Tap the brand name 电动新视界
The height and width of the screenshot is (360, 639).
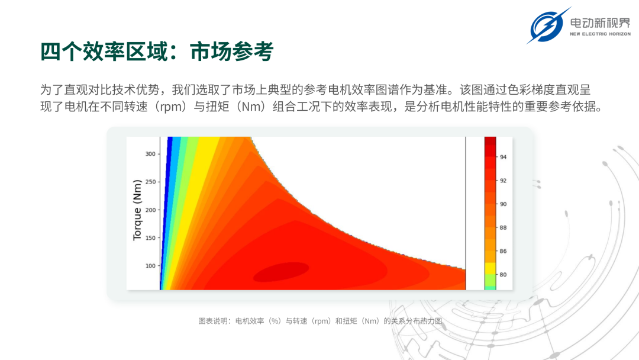pos(600,23)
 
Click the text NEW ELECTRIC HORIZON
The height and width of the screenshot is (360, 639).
pos(601,34)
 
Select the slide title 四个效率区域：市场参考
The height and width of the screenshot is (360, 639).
pos(157,52)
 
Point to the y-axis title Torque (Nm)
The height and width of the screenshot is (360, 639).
pos(137,210)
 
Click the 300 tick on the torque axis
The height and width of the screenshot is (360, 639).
pos(150,154)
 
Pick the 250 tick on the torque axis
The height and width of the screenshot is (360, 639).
pos(150,182)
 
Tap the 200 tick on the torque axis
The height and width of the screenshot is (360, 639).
pos(150,210)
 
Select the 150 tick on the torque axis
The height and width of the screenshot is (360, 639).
pos(150,237)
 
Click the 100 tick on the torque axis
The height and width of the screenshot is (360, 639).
pos(150,266)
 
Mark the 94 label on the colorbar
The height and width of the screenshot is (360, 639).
pos(504,157)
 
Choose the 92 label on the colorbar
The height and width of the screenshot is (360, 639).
pos(504,181)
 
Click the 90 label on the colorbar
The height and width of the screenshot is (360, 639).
pos(504,204)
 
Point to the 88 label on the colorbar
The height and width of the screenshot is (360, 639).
pos(504,227)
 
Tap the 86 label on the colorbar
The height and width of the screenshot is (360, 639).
pos(504,251)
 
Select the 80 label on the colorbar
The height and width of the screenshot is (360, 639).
pos(504,275)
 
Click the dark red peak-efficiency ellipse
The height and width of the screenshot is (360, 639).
pos(281,272)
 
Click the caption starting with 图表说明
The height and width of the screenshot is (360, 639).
pos(320,322)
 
